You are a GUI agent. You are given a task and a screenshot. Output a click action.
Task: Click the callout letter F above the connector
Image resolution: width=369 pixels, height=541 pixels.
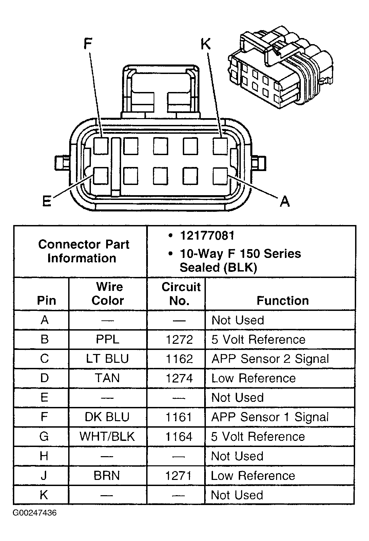coord(88,44)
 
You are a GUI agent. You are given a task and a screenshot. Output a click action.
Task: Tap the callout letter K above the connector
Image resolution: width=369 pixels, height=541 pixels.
coord(206,44)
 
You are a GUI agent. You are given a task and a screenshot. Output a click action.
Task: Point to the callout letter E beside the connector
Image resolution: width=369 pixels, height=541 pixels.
coord(46,202)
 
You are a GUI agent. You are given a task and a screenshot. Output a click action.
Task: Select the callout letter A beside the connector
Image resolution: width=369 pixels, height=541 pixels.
coord(285,202)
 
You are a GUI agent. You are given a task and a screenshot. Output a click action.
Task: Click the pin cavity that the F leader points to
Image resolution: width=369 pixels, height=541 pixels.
coord(101,146)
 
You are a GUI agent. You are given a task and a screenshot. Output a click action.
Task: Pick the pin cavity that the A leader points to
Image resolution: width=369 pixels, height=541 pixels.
coord(220,176)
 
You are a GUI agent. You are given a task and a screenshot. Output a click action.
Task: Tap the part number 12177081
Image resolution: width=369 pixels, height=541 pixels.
coord(207,236)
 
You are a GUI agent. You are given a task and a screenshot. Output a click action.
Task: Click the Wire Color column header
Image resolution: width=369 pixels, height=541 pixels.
coord(108,294)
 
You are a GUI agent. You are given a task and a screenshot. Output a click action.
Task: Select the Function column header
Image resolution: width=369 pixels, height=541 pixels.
coord(283,301)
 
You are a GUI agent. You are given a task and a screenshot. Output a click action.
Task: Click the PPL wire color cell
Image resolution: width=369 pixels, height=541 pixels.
coord(108,339)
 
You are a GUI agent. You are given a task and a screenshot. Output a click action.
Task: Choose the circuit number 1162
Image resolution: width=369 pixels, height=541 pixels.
coord(179,359)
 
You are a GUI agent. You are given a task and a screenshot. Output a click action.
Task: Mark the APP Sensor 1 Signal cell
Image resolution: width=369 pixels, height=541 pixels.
coord(270,417)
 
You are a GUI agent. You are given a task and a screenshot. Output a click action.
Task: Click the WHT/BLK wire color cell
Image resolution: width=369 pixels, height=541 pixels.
coord(107,436)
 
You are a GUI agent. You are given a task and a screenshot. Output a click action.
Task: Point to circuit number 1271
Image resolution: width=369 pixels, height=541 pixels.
coord(179,475)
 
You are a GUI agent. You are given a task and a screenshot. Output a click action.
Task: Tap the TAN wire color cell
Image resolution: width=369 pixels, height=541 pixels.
coord(108,378)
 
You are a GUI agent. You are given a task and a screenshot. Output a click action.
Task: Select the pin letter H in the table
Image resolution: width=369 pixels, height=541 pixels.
coord(44,456)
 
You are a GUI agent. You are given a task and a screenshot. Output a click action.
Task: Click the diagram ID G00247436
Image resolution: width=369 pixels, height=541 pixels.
coord(35,513)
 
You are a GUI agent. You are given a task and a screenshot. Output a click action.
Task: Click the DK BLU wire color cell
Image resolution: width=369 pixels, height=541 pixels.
coord(107,417)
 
